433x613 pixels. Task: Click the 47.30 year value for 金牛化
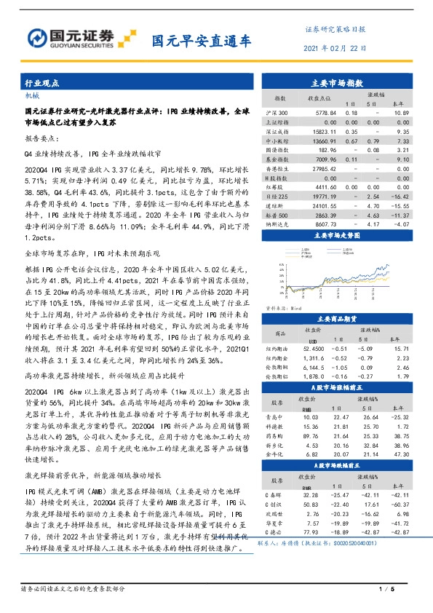click(400, 454)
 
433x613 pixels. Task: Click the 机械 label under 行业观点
click(33, 95)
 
